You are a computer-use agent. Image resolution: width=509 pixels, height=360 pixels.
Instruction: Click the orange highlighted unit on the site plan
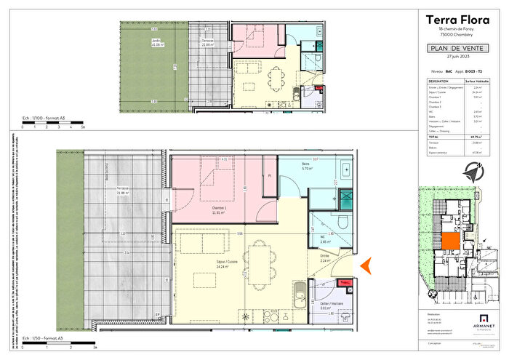point(450,244)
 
